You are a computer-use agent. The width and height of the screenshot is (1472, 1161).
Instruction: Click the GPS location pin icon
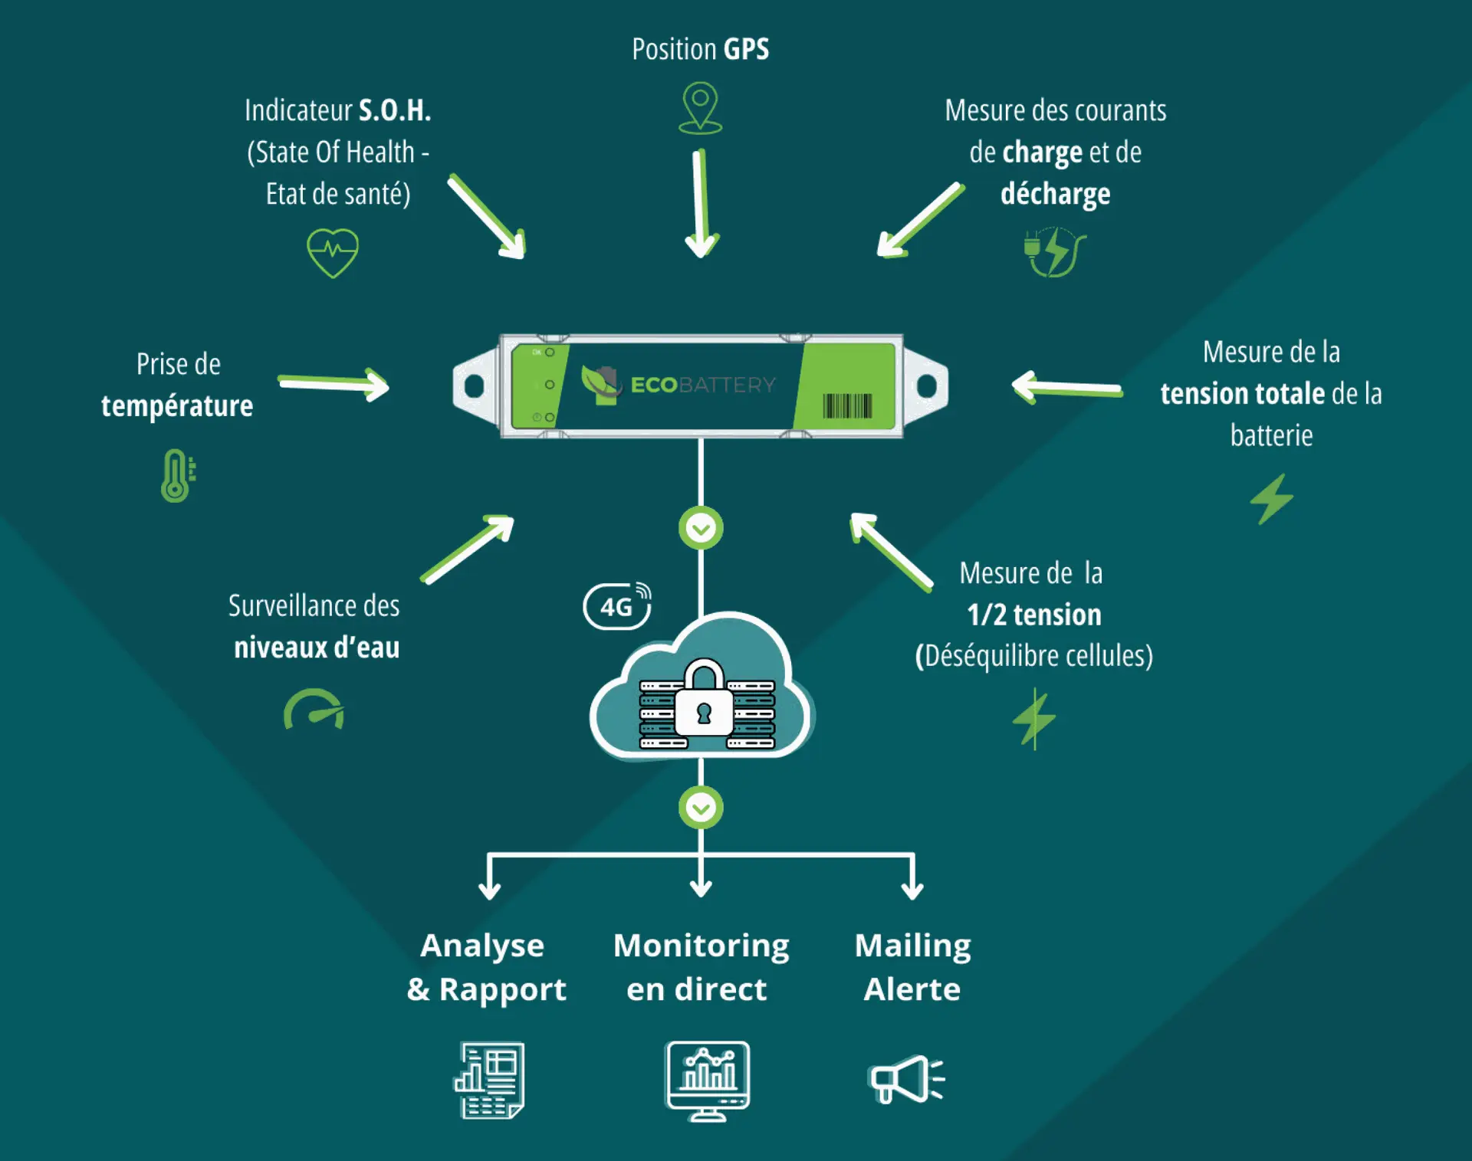(x=700, y=108)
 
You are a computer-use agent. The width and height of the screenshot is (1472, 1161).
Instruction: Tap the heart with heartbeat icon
(x=333, y=252)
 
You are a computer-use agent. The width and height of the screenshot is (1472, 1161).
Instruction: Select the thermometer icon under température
(x=177, y=475)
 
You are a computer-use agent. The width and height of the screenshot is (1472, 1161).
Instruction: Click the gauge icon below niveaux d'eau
(x=314, y=710)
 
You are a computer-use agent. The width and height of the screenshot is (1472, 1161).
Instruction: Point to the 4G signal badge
(x=618, y=606)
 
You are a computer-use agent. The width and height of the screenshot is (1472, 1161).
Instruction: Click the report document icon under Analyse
(x=489, y=1080)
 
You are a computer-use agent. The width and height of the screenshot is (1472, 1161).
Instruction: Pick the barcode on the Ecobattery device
(x=847, y=405)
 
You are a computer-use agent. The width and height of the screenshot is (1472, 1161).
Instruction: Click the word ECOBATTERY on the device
(x=703, y=385)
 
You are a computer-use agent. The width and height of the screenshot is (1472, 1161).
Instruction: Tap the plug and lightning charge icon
(x=1055, y=251)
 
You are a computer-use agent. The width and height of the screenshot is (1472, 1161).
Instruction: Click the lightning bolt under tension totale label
(x=1272, y=499)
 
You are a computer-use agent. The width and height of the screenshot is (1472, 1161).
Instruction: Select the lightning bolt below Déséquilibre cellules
(x=1034, y=719)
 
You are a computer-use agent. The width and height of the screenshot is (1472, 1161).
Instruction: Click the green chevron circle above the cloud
(x=701, y=528)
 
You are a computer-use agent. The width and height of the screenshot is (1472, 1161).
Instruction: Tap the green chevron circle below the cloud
(x=701, y=807)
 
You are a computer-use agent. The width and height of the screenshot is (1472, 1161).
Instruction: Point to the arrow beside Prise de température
(x=334, y=383)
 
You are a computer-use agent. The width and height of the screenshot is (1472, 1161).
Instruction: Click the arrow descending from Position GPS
(x=700, y=204)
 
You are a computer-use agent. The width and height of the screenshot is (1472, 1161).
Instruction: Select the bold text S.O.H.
(x=395, y=111)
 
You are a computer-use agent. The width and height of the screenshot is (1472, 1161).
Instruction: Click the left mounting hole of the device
(x=474, y=385)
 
